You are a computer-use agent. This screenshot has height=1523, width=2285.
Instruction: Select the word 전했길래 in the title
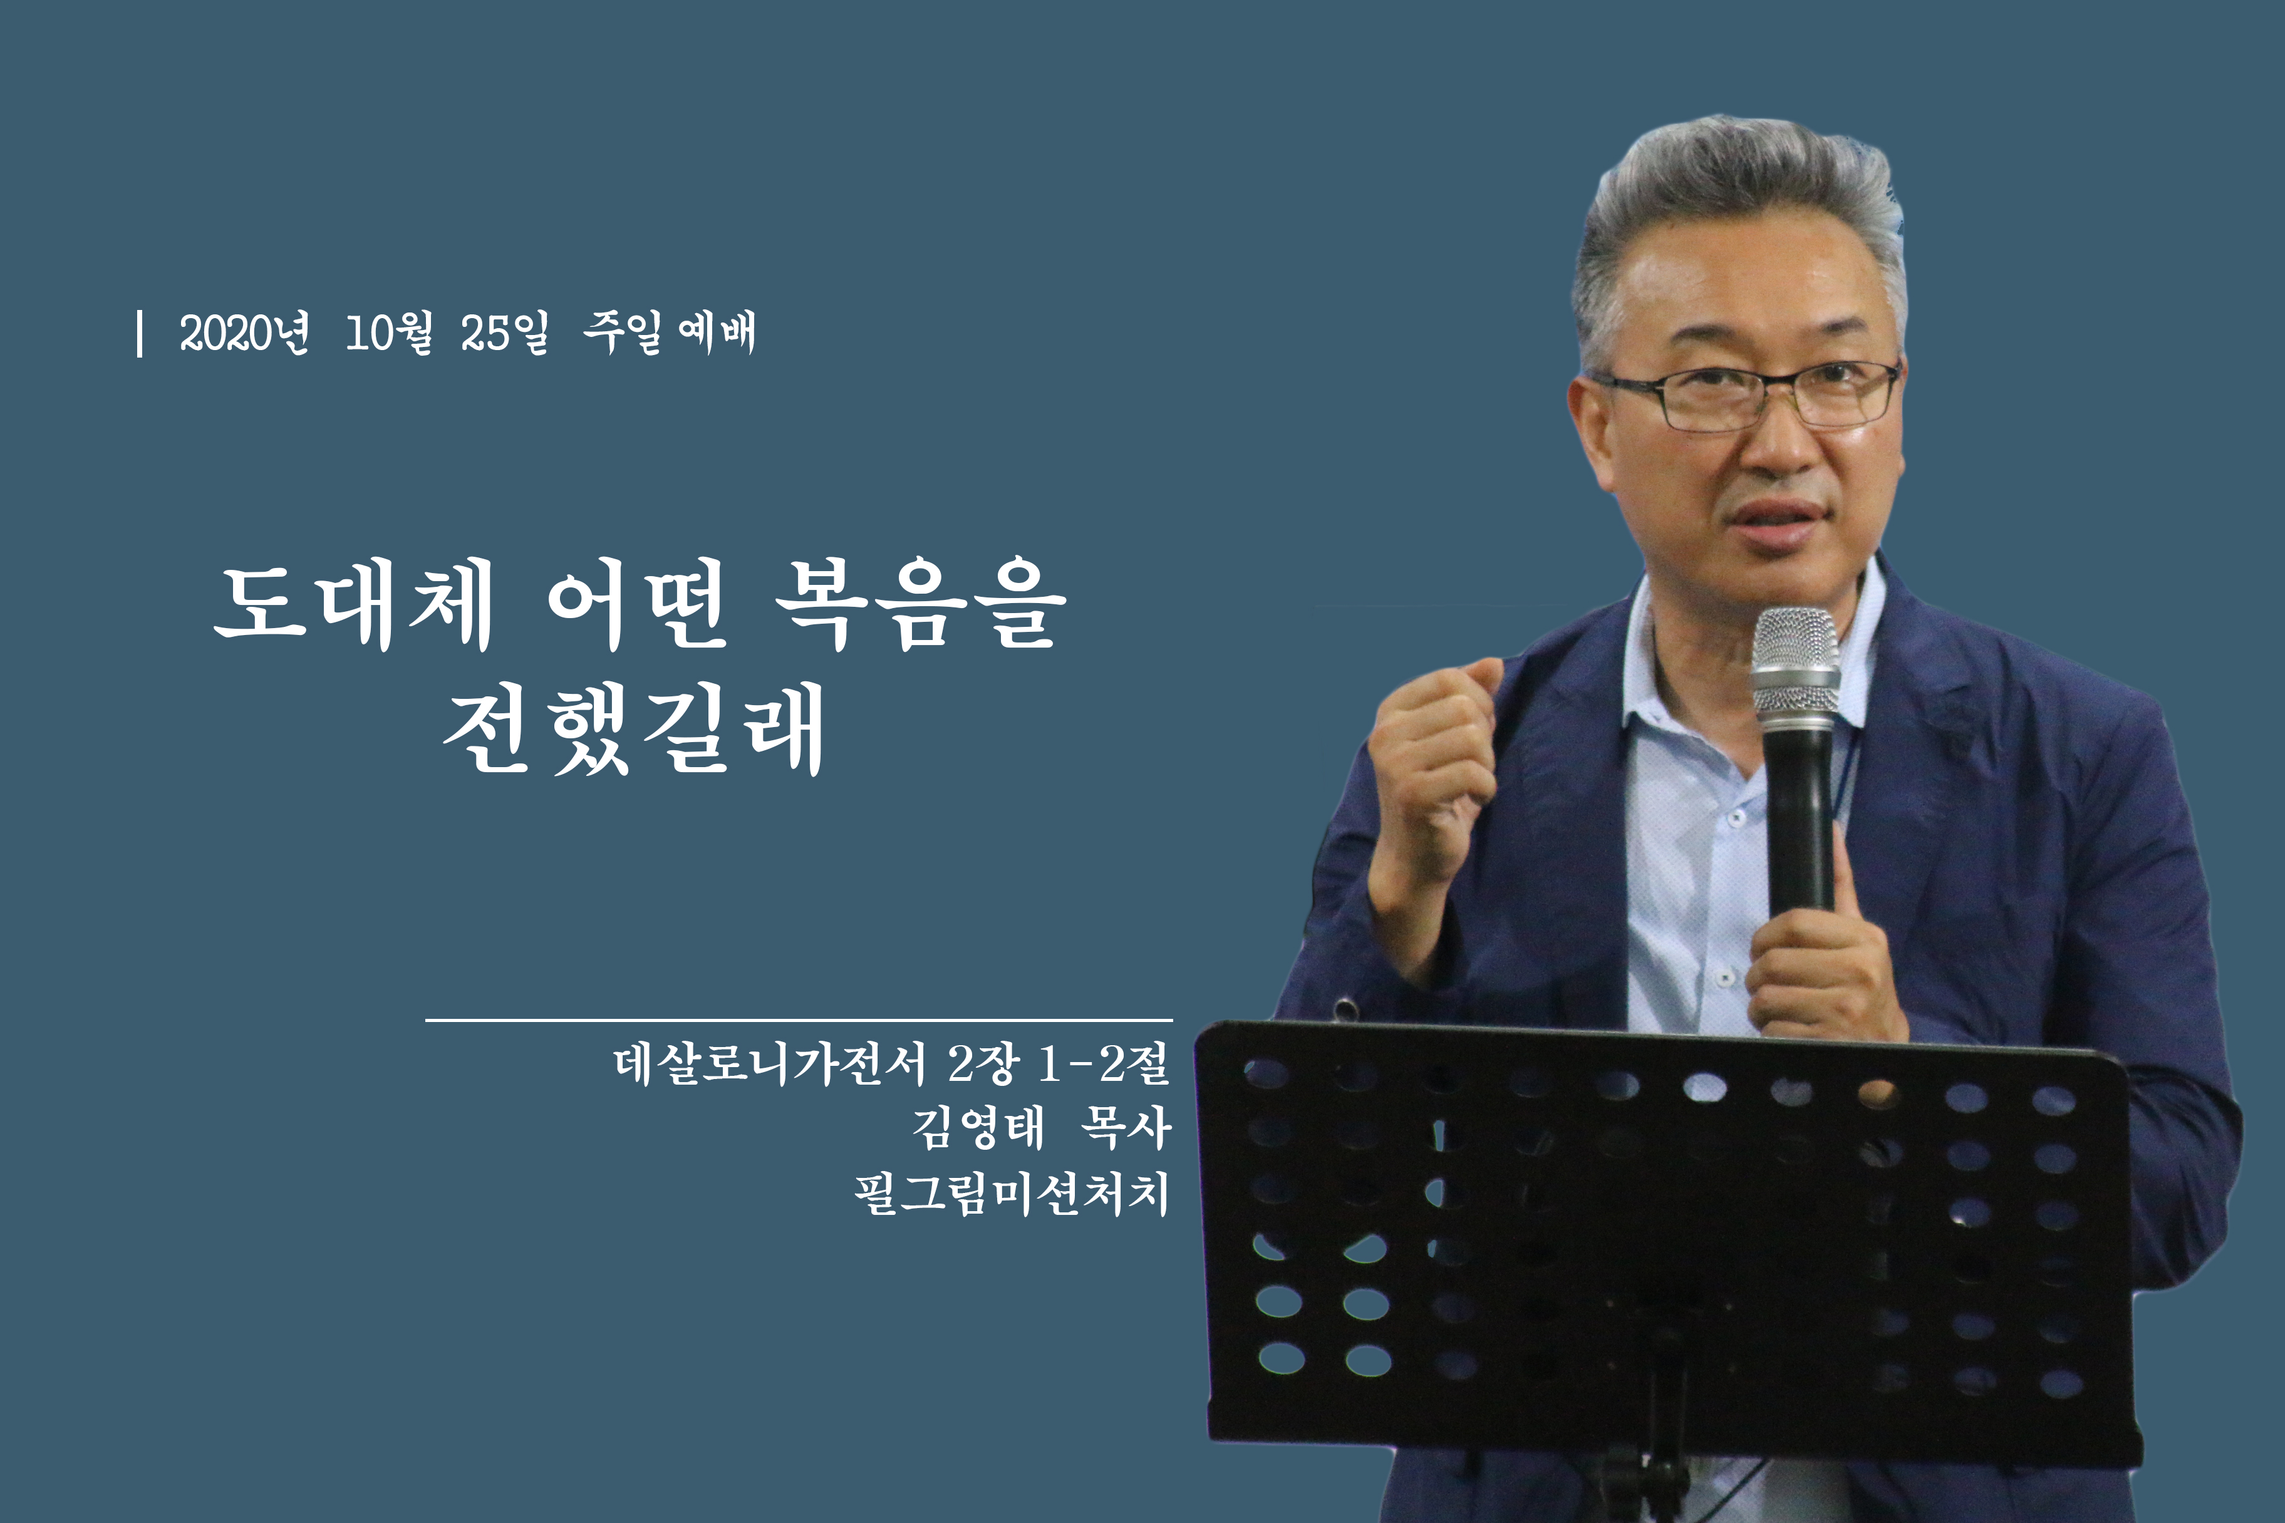pos(633,730)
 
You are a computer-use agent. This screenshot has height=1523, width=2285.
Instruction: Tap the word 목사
pos(1126,1128)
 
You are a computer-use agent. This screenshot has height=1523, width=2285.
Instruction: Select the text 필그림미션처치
pos(1012,1194)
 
